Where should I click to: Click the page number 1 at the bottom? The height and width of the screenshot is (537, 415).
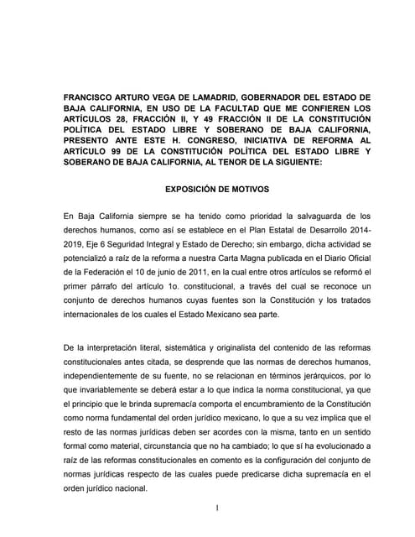tap(216, 508)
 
